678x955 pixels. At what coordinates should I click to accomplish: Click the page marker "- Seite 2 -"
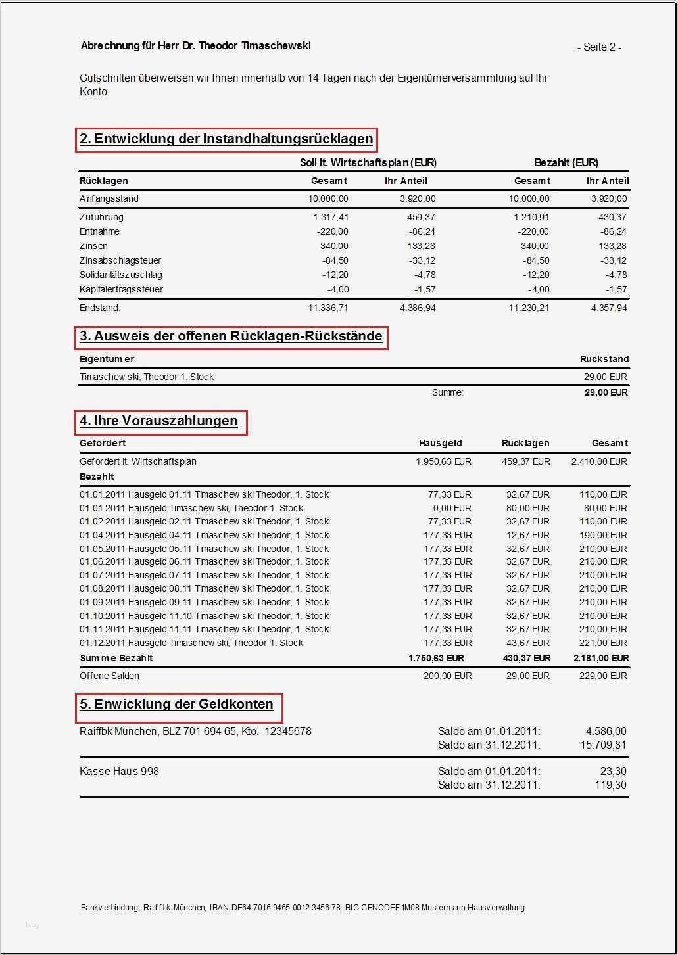pos(599,47)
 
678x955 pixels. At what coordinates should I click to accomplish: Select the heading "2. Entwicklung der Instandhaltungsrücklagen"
pos(226,139)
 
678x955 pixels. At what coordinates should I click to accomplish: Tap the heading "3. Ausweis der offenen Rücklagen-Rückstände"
pos(231,337)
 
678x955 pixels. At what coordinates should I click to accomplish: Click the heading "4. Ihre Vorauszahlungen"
pos(158,421)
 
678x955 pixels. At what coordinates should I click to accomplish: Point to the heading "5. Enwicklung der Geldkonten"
pos(176,705)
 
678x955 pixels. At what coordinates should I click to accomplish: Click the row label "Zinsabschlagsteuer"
pos(120,261)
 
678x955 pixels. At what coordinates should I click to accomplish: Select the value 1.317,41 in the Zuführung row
pos(328,217)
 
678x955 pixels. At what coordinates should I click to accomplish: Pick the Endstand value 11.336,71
pos(328,308)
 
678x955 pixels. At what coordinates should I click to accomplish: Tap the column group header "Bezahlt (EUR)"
pos(566,163)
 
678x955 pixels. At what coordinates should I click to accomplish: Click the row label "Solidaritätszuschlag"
pos(121,275)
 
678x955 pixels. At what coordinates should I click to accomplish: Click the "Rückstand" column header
pos(604,360)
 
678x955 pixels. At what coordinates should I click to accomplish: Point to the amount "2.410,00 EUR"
pos(599,461)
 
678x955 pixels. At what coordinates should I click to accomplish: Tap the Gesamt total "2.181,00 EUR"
pos(600,658)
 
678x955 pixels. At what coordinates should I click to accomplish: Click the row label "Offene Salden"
pos(109,676)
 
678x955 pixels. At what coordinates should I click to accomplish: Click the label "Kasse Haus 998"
pos(119,772)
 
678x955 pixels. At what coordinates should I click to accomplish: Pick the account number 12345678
pos(288,732)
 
